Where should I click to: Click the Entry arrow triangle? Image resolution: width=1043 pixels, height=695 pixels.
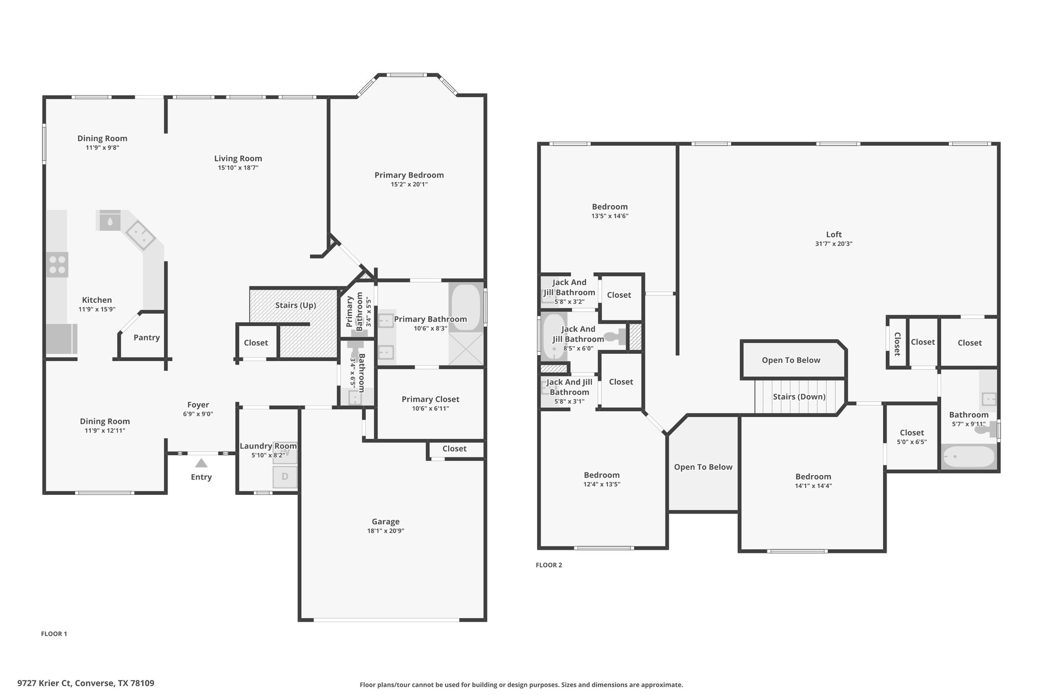(201, 463)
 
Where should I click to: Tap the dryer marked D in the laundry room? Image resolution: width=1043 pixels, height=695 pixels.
(285, 477)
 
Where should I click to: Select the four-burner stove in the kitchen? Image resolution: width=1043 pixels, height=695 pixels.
(57, 265)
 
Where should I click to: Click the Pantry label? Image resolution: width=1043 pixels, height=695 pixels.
(147, 338)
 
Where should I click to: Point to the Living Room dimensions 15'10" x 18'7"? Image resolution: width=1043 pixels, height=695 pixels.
(238, 168)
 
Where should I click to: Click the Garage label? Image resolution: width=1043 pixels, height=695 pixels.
(386, 521)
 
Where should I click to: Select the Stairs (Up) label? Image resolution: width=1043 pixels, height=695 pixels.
(295, 305)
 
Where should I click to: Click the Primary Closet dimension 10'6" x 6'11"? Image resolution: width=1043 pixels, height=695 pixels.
(430, 408)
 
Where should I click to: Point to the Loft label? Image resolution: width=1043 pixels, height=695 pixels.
(834, 234)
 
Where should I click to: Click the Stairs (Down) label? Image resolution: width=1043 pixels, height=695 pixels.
(799, 397)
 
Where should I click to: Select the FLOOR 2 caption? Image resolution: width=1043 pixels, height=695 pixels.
(549, 565)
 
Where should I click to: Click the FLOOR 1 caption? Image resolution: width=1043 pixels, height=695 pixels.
(54, 634)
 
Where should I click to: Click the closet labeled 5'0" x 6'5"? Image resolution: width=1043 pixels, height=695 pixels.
(912, 437)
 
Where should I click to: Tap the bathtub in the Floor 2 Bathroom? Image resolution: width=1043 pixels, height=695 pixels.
(968, 457)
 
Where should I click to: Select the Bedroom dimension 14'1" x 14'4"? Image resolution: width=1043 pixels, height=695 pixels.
(813, 486)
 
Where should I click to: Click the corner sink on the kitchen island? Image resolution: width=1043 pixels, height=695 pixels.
(141, 236)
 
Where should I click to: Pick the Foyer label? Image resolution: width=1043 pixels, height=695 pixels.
(198, 405)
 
